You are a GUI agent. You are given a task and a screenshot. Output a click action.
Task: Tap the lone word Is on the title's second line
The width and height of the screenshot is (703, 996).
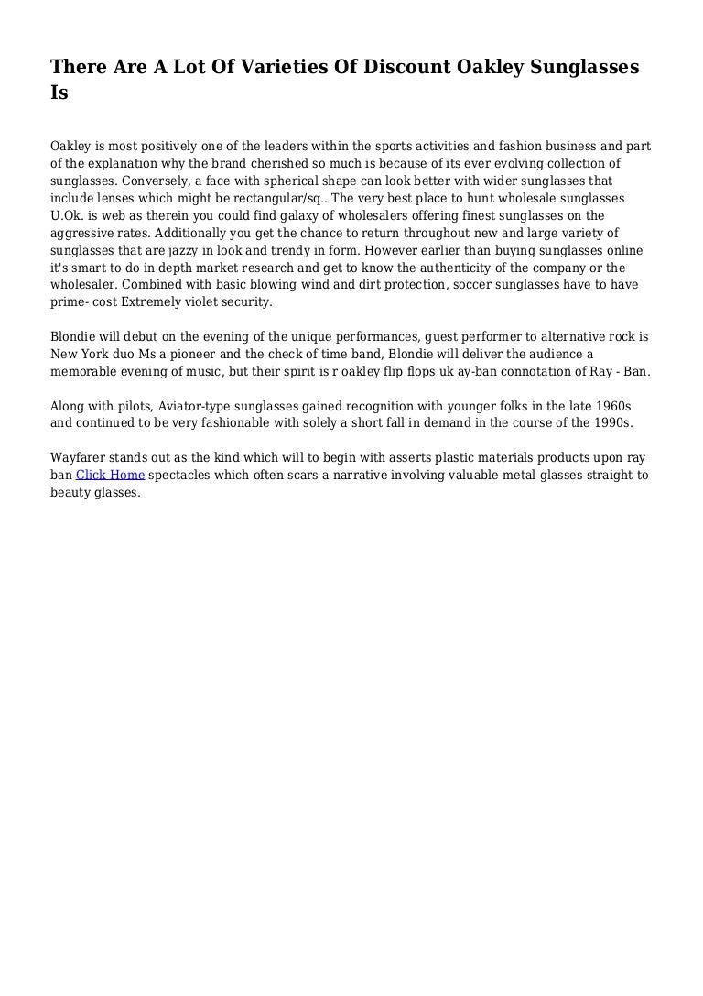pyautogui.click(x=59, y=93)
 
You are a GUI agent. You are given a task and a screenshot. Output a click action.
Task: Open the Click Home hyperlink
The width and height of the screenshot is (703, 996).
pyautogui.click(x=110, y=475)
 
